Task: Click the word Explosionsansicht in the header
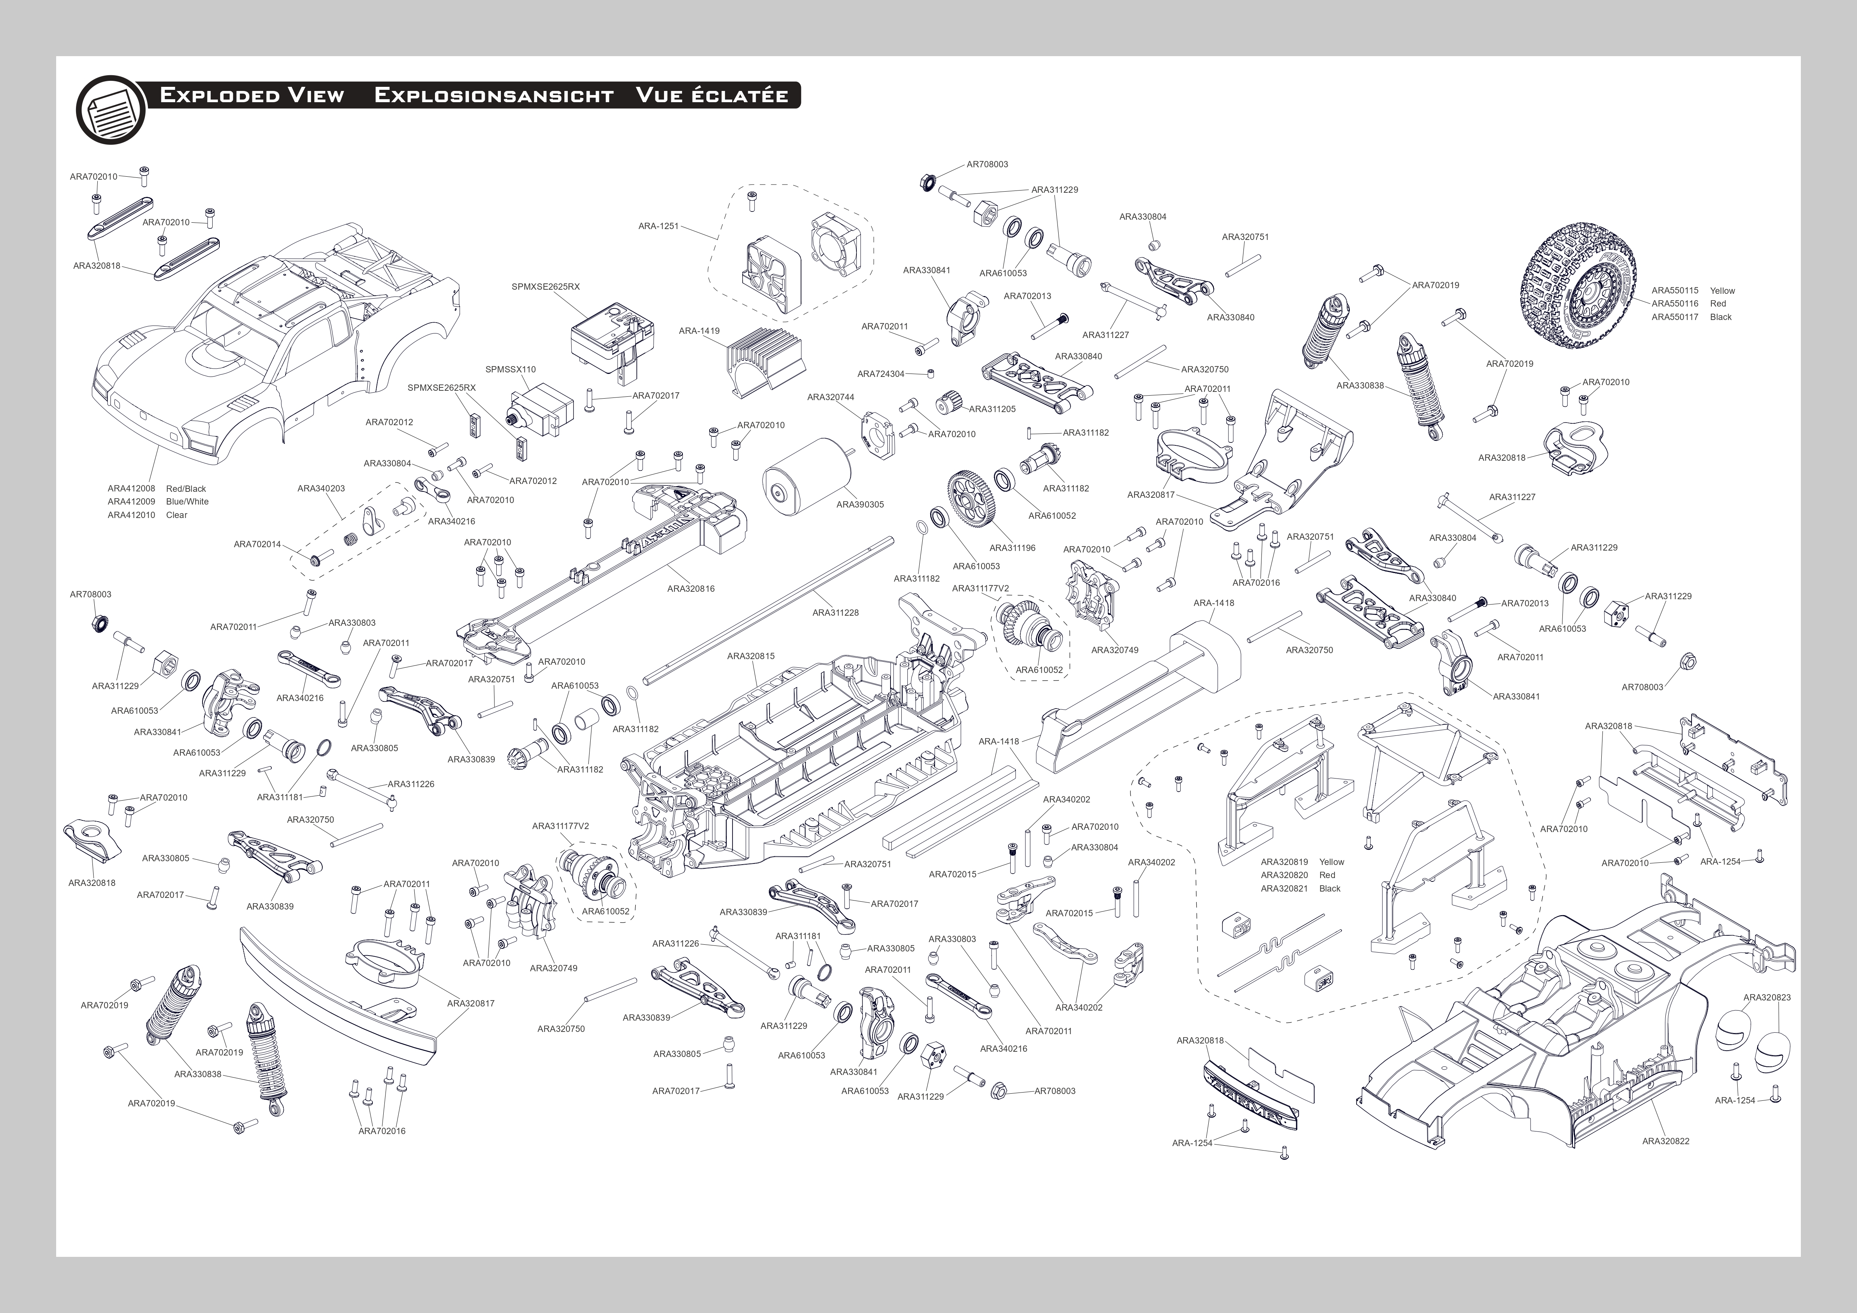[493, 95]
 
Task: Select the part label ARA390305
[860, 505]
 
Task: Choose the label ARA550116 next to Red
[1674, 304]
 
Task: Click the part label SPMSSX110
[510, 369]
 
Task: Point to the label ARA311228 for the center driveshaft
[835, 613]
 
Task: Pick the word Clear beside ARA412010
[176, 515]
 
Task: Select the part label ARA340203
[321, 488]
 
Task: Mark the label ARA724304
[881, 374]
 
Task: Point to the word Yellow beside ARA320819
[1331, 862]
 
